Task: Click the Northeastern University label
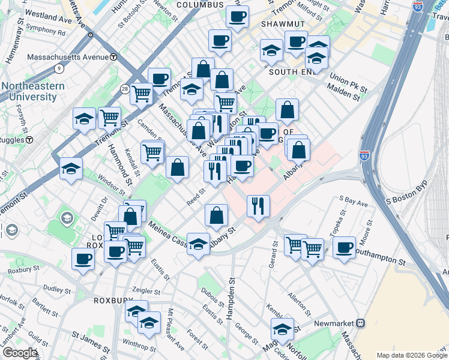click(32, 91)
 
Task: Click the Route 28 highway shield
click(123, 89)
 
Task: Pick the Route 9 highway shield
click(58, 68)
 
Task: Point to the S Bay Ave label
click(353, 200)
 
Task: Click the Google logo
click(20, 352)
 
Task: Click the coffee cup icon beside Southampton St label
click(344, 247)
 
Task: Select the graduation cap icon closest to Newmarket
click(282, 328)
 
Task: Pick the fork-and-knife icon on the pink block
click(258, 205)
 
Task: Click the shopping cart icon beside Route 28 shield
click(142, 93)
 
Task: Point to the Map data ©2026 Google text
click(411, 355)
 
